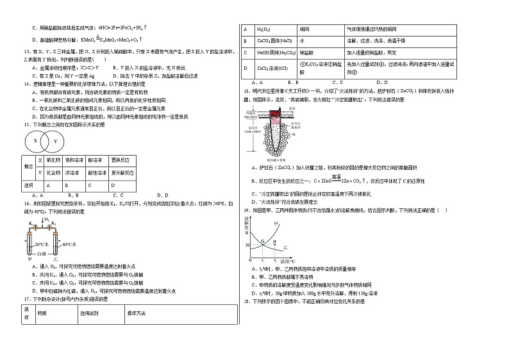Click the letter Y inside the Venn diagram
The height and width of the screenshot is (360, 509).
click(55, 141)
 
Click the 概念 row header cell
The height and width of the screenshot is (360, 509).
click(28, 166)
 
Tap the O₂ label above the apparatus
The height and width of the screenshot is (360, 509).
click(47, 219)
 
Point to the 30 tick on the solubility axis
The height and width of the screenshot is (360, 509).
click(247, 245)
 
